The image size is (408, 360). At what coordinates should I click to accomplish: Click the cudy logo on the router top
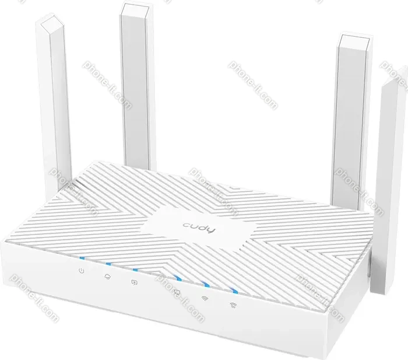point(199,228)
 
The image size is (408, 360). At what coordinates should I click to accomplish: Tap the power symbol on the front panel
point(82,271)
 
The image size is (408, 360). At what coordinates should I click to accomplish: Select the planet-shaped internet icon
point(107,277)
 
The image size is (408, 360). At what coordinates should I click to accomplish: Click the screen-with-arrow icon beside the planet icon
point(134,282)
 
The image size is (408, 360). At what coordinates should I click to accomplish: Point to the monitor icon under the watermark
point(177,292)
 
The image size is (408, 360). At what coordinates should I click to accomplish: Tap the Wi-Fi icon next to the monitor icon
point(205,298)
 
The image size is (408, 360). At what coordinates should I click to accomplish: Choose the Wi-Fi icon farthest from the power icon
point(233,305)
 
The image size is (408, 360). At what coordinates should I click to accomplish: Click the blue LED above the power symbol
point(83,258)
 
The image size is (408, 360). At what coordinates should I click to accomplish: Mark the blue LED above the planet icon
point(108,264)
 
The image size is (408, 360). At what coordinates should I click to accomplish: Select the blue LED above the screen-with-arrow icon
point(135,270)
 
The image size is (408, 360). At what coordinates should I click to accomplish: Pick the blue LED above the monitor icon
point(178,279)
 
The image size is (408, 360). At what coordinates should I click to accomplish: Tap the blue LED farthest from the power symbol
point(234,291)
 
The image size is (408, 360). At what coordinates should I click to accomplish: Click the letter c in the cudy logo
point(187,226)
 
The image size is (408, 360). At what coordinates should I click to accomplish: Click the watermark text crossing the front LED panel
point(180,297)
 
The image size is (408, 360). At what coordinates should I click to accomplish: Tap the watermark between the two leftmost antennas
point(107,85)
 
